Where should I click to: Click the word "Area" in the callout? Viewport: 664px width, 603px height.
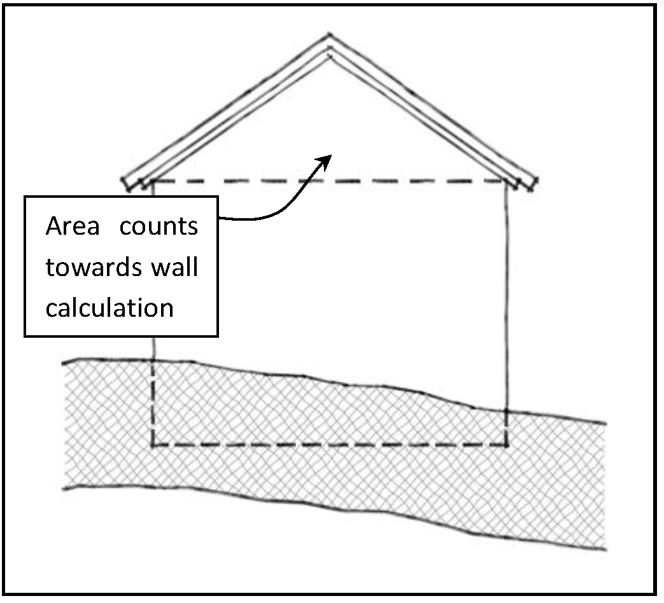(73, 227)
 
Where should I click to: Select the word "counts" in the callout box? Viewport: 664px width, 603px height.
(159, 227)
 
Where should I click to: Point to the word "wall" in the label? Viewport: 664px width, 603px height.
(174, 267)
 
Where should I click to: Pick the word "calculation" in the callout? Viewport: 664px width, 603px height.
(109, 308)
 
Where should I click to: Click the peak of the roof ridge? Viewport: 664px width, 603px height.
(329, 37)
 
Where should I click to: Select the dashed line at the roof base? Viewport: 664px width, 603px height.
(331, 181)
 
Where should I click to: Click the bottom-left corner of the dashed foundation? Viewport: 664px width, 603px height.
(153, 445)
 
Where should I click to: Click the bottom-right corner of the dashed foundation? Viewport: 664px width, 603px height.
(507, 445)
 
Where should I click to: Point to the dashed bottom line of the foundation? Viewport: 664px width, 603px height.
(331, 445)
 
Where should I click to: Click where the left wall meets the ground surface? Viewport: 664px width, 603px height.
(153, 361)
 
